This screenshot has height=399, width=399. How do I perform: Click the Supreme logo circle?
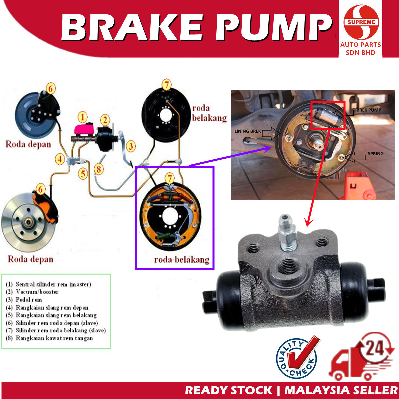click(x=361, y=22)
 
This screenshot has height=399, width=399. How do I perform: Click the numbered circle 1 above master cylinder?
click(x=83, y=117)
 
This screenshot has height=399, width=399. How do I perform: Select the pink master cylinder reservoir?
click(x=85, y=129)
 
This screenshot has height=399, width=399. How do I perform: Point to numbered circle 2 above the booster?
click(x=105, y=120)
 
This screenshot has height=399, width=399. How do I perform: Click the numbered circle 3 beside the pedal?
click(x=131, y=146)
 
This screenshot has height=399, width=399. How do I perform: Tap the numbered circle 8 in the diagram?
click(x=99, y=169)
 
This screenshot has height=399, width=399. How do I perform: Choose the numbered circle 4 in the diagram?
click(x=60, y=159)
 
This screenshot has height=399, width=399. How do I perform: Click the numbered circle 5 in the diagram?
click(x=83, y=173)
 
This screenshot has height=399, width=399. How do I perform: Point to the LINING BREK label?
click(x=248, y=131)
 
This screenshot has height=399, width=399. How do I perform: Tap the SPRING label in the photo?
click(x=375, y=154)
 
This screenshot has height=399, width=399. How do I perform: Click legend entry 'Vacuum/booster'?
click(x=37, y=292)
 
